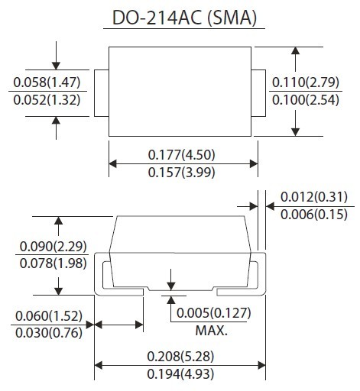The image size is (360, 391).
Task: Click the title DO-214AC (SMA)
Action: tap(184, 18)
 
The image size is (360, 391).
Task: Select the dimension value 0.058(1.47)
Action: tap(47, 82)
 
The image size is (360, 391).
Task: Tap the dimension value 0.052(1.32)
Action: tap(47, 99)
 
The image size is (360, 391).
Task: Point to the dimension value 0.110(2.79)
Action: tap(306, 82)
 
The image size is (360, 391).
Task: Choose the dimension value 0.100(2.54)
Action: tap(306, 99)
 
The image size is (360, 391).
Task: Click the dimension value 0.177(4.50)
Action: tap(182, 155)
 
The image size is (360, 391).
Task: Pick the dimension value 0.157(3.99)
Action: tap(182, 173)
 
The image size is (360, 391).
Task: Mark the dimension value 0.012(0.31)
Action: tap(314, 197)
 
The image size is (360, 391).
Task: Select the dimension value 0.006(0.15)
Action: tap(314, 215)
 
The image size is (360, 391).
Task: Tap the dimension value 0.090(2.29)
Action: tap(54, 247)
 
